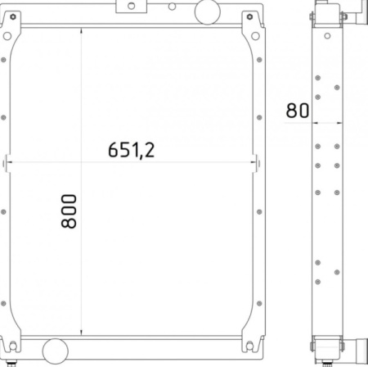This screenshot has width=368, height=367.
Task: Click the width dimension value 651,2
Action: tap(132, 150)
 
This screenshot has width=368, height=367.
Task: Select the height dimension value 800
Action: tap(69, 211)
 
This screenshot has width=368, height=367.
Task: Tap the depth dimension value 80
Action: tap(298, 111)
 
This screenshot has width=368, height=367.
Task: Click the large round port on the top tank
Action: tap(208, 11)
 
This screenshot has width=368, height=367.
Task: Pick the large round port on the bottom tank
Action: tap(55, 351)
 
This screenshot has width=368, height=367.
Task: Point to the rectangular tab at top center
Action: tap(132, 7)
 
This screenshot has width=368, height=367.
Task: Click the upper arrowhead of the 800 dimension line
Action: tap(81, 30)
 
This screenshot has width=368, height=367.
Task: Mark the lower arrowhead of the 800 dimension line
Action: tap(81, 332)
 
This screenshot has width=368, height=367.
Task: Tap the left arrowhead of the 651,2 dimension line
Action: tap(9, 162)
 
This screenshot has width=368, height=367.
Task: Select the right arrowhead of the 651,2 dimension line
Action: tap(254, 162)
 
